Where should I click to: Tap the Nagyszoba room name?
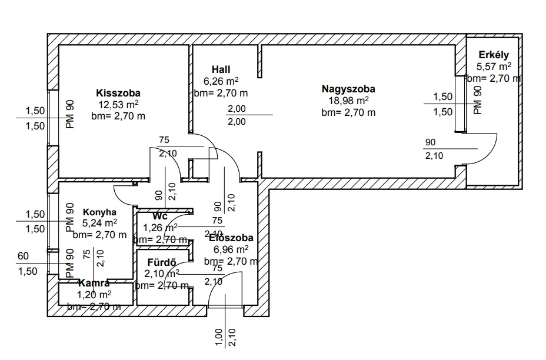[348, 89]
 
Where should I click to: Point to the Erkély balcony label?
[494, 55]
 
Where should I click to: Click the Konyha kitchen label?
[99, 212]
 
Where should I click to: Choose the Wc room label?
[160, 216]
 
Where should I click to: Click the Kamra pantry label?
[94, 284]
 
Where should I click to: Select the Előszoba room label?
[231, 238]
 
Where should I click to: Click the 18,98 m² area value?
[348, 101]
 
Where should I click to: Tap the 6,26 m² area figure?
[221, 81]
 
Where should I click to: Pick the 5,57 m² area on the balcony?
[494, 66]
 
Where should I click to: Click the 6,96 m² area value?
[231, 249]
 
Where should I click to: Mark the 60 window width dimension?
[23, 256]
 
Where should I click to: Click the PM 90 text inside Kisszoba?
[69, 113]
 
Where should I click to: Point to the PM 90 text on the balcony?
[477, 100]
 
